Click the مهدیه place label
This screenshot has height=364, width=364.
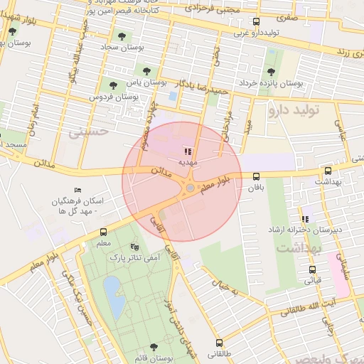(187, 162)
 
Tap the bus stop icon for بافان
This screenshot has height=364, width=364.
(256, 177)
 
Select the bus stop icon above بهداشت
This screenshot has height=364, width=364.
(328, 171)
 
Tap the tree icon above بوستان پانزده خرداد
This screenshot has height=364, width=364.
(269, 71)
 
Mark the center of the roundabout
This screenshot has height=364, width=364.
(191, 187)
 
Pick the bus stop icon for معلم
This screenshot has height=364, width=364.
(104, 232)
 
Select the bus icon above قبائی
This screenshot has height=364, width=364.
(312, 269)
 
